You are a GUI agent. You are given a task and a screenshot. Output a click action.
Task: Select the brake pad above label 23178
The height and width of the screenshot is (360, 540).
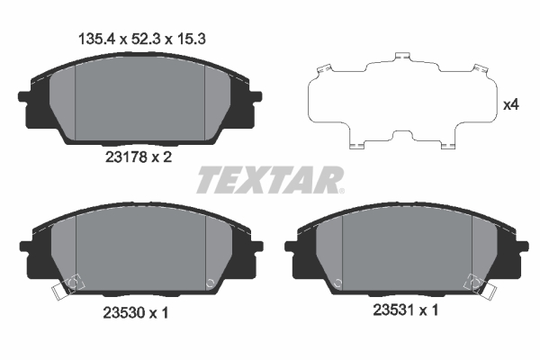(139, 99)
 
